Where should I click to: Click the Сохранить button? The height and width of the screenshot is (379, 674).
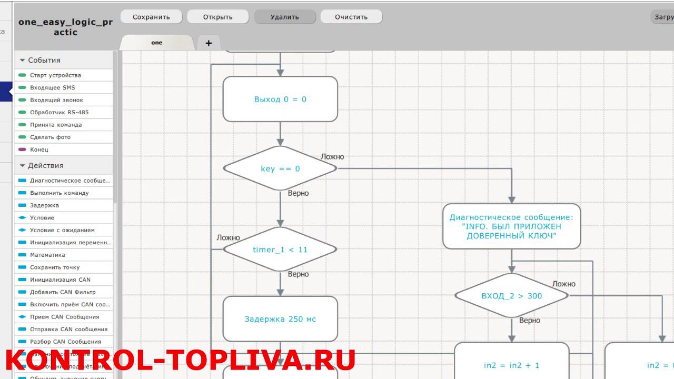pos(151,17)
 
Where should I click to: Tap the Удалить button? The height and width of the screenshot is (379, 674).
pos(285,17)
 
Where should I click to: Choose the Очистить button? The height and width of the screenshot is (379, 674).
pos(351,17)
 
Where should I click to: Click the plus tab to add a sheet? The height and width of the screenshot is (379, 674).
pos(209,43)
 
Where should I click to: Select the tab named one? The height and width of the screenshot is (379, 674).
pos(157,43)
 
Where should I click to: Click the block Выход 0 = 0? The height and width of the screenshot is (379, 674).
pos(280,99)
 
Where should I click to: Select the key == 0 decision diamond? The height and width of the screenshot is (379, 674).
pos(280,168)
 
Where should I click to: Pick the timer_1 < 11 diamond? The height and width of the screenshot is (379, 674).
pos(280,250)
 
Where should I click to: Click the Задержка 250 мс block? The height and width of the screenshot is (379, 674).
pos(280,319)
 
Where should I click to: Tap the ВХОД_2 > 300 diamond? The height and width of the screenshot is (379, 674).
pos(511,296)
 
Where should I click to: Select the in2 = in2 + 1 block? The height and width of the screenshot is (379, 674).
pos(511,365)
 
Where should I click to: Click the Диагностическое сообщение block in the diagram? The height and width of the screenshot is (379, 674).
pos(511,226)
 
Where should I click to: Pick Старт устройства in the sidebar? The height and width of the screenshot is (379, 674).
pos(55,75)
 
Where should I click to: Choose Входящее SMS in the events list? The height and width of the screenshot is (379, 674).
pos(53,87)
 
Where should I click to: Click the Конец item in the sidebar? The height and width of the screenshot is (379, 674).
pos(39,149)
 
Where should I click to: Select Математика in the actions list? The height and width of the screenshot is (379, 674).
pos(47,255)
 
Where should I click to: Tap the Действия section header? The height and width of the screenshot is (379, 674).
pos(46,165)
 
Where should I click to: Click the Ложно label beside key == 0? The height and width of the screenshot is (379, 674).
pos(332,157)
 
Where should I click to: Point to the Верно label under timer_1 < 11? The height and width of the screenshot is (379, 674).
pos(298,274)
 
